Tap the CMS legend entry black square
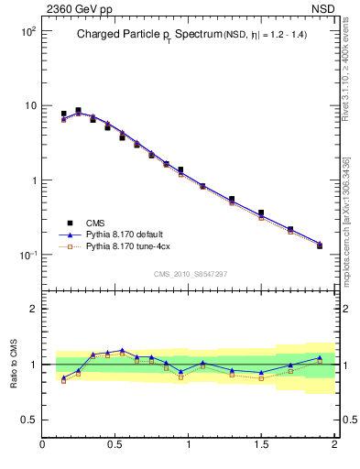tap(69, 223)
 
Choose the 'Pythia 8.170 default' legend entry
tap(127, 234)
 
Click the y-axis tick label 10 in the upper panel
tap(30, 106)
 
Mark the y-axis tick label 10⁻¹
tap(28, 255)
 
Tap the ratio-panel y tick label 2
tap(34, 309)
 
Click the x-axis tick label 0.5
tap(116, 446)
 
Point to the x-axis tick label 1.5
tap(261, 446)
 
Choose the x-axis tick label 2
tap(334, 446)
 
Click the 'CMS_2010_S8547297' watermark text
tap(189, 274)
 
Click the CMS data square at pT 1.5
tap(261, 213)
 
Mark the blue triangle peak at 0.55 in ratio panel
tap(122, 350)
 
